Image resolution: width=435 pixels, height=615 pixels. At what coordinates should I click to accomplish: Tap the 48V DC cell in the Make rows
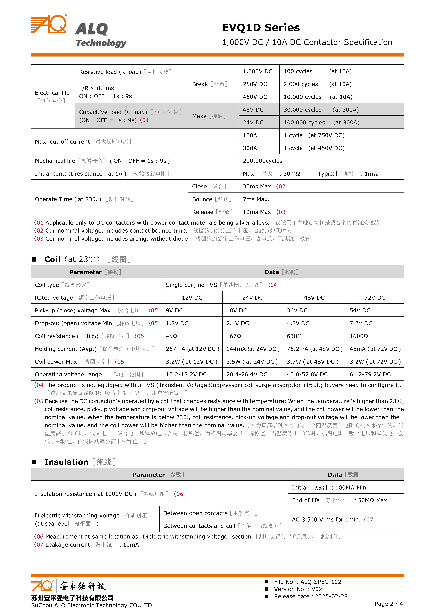tap(253, 110)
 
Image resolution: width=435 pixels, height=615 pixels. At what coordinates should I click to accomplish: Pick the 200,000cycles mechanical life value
tap(263, 161)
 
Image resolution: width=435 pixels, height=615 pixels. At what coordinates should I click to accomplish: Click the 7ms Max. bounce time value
tap(256, 199)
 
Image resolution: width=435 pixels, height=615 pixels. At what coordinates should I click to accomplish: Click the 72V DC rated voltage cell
tap(374, 298)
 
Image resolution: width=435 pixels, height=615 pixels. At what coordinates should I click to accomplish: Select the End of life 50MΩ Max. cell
tap(340, 500)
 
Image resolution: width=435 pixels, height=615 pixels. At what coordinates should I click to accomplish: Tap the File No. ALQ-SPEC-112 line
tap(307, 582)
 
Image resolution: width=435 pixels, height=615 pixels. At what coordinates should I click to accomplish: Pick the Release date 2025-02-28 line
tap(310, 596)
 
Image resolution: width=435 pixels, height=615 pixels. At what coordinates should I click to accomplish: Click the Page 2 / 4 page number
tap(389, 604)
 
